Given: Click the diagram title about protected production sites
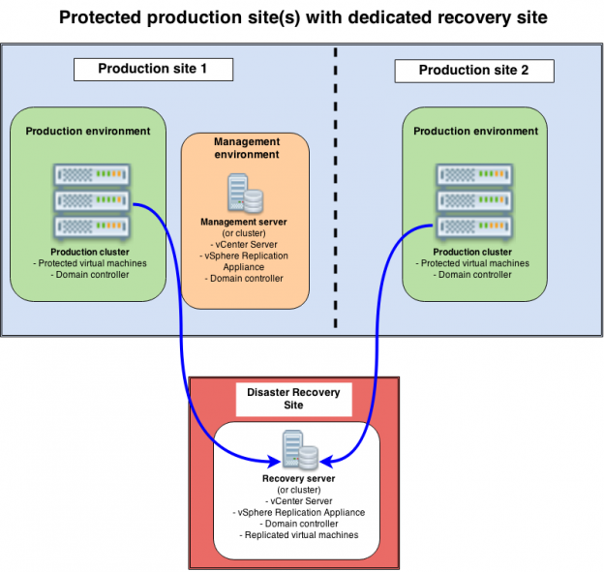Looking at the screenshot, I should click(301, 16).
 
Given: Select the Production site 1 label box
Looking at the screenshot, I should click(153, 70).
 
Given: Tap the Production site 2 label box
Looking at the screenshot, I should click(473, 71).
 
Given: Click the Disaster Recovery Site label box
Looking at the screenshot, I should click(294, 398).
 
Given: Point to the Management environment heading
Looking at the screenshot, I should click(246, 148).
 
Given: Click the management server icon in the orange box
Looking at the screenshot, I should click(244, 194).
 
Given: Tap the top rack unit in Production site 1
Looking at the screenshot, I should click(92, 175).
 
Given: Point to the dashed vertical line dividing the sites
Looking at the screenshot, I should click(336, 194).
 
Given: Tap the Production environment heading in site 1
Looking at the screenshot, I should click(88, 131).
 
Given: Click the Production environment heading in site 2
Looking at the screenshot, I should click(474, 131).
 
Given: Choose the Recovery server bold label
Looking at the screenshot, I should click(298, 478).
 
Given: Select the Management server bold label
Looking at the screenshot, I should click(244, 222).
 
